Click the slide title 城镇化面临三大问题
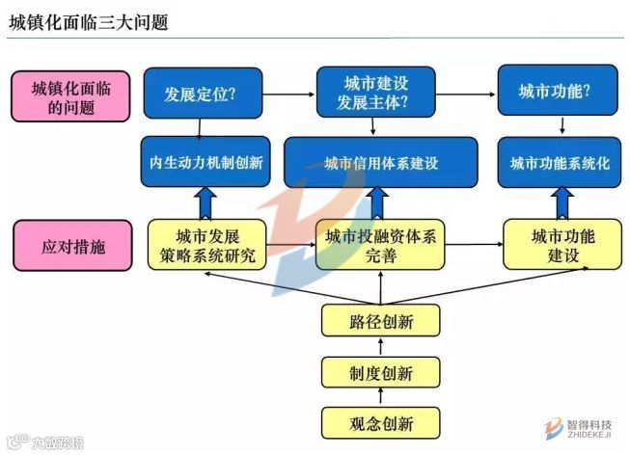(x=89, y=21)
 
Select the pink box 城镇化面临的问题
(x=70, y=98)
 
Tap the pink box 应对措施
(x=70, y=245)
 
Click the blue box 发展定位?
(x=202, y=94)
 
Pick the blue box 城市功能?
(x=556, y=92)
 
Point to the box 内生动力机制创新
(x=205, y=162)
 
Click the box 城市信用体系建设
(x=381, y=162)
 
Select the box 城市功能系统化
(x=560, y=163)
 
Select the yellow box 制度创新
(x=380, y=372)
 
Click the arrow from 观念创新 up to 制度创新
(x=380, y=397)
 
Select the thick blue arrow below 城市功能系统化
(x=560, y=203)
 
